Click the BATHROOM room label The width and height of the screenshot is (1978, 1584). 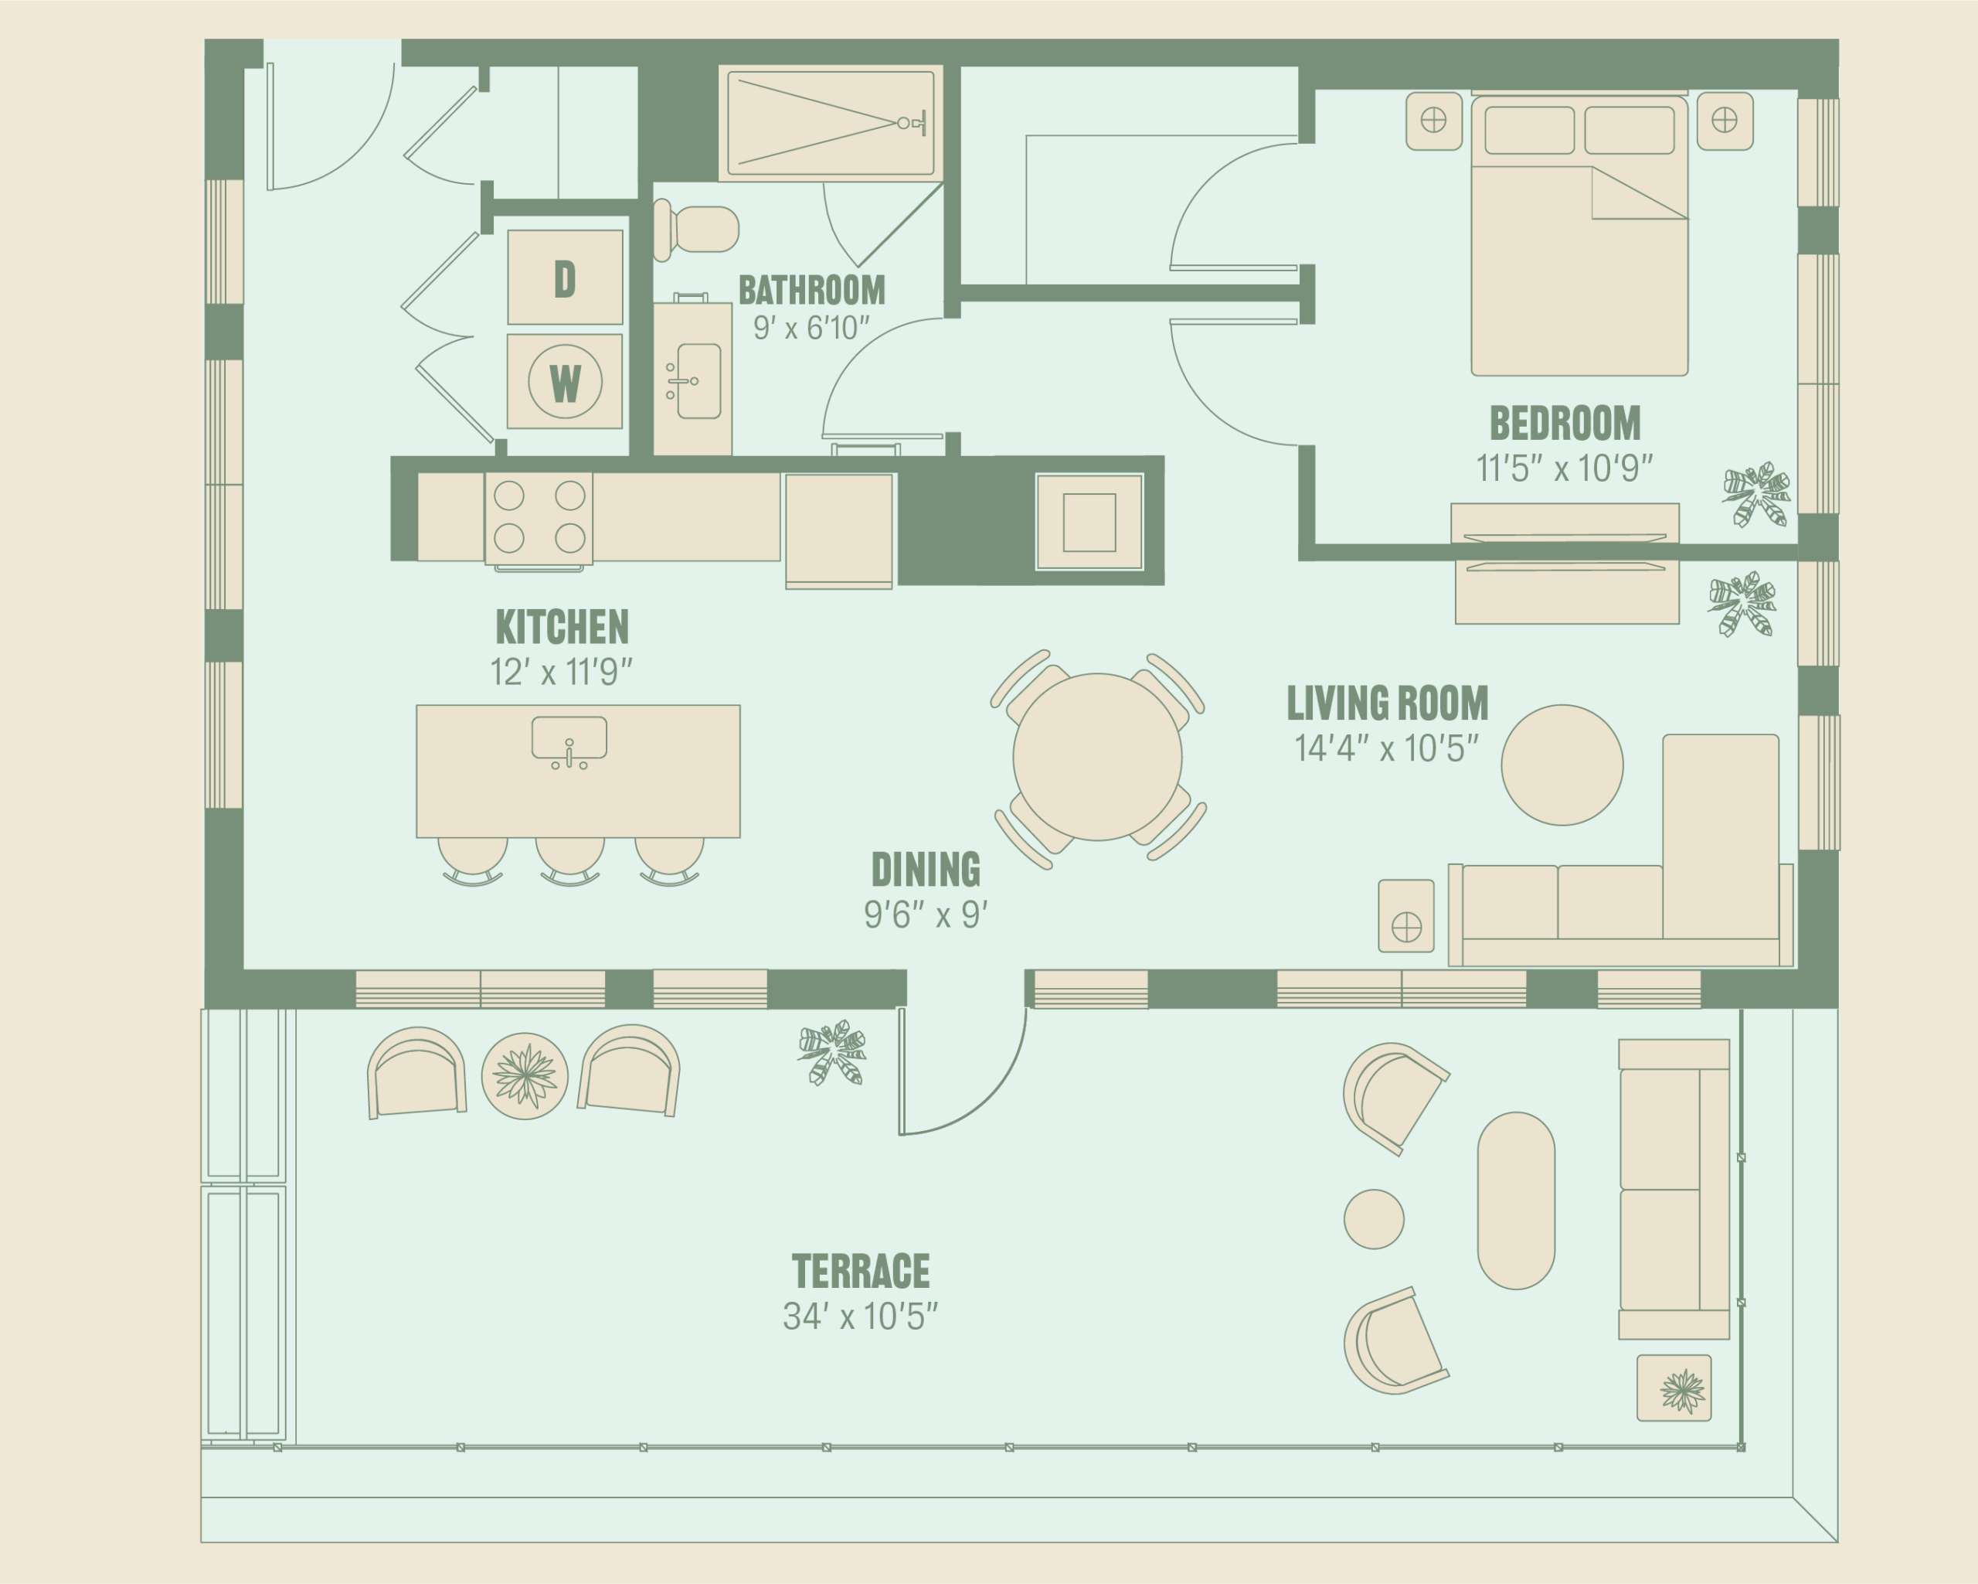tap(812, 290)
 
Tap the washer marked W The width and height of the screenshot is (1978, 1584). tap(565, 381)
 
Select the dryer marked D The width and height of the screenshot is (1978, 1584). tap(565, 278)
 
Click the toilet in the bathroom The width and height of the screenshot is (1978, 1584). tap(697, 229)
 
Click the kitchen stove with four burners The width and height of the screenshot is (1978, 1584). tap(539, 518)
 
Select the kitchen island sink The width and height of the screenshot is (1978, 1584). tap(569, 740)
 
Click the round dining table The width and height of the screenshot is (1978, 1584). tap(1097, 757)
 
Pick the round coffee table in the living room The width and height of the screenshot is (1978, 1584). tap(1562, 765)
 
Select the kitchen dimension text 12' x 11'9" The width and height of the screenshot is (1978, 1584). tap(562, 672)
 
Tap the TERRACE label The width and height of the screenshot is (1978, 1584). tap(861, 1272)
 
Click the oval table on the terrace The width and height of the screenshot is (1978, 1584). tap(1517, 1201)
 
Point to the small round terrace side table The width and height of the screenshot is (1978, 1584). tap(1374, 1220)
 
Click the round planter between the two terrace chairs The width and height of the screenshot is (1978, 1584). tap(525, 1075)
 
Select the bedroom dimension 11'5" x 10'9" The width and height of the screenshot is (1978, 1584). tap(1564, 468)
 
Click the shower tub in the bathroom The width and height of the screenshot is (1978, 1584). tap(831, 122)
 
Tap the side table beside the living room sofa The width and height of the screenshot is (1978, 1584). tap(1406, 916)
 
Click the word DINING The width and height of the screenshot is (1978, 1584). tap(926, 869)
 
